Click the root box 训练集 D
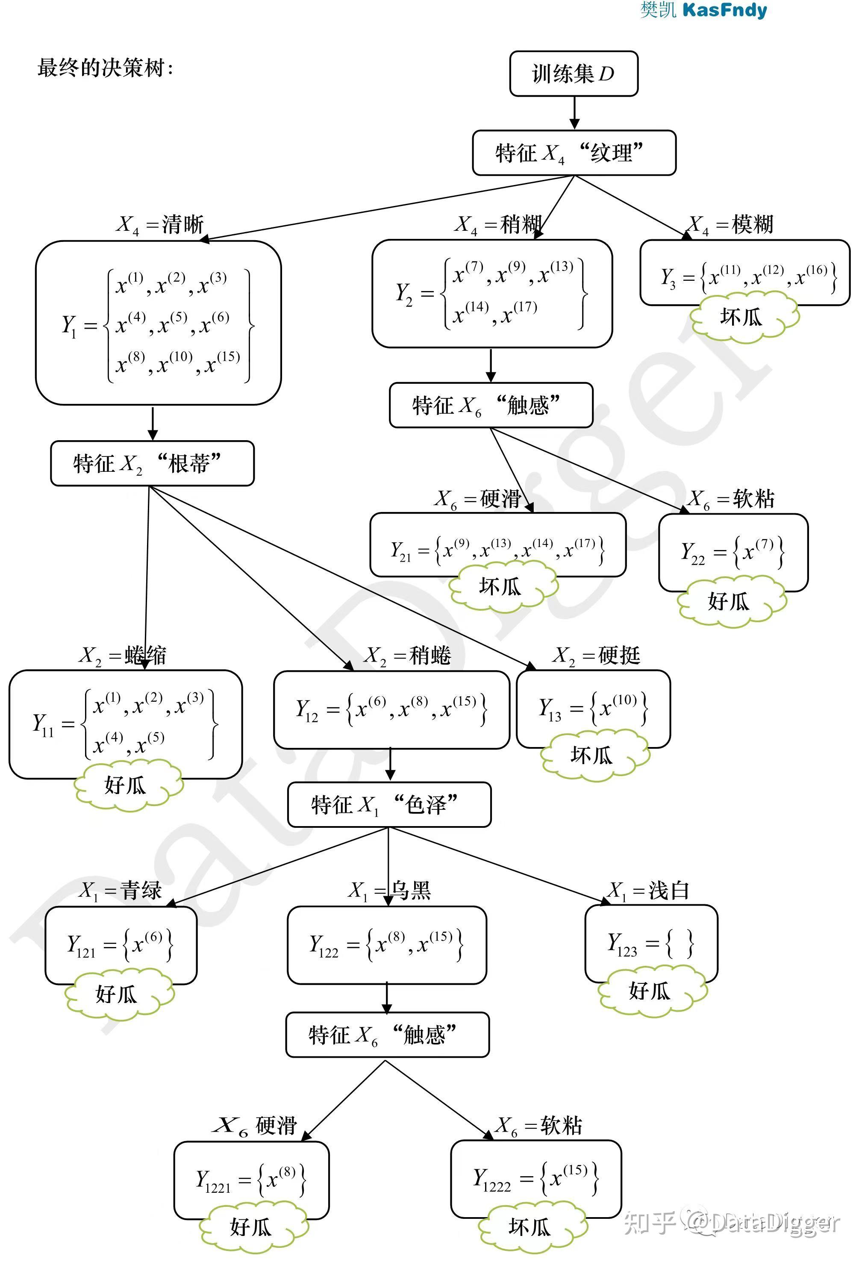point(573,74)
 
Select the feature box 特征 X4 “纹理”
point(574,153)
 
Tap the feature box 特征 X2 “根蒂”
point(152,463)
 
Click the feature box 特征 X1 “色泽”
point(389,804)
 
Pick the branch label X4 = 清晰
point(160,224)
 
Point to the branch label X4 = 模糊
point(730,224)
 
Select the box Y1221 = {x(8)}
point(251,1180)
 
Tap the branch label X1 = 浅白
point(649,891)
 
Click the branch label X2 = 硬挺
point(597,656)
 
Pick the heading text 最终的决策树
point(105,68)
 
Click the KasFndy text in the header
point(724,10)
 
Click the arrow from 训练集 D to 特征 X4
point(574,113)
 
